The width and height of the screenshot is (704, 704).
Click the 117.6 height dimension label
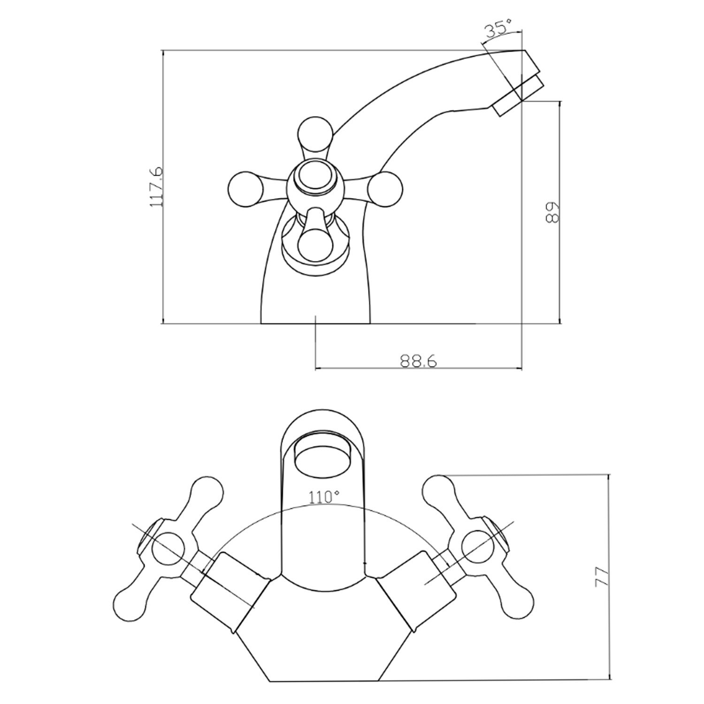(156, 186)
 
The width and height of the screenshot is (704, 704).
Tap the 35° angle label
(498, 30)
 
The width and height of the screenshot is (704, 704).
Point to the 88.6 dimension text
(418, 361)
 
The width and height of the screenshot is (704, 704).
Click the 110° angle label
(324, 497)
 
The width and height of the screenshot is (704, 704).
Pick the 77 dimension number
(602, 577)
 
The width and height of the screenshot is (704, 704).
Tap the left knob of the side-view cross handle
(245, 189)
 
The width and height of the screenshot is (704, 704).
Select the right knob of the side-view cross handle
(385, 189)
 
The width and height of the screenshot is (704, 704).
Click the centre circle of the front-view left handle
(168, 548)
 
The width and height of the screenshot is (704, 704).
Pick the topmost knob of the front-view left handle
(207, 492)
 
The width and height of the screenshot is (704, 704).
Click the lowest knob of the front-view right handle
(518, 602)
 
